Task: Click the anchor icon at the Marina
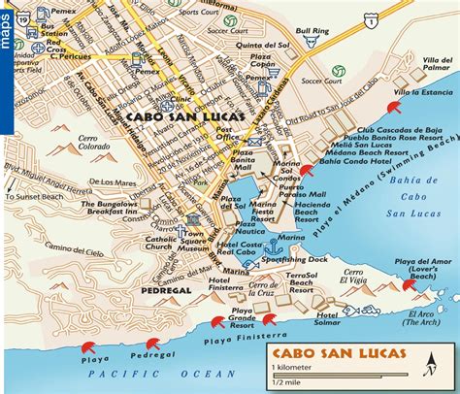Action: tap(273, 251)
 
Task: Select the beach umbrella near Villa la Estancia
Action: tap(394, 107)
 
